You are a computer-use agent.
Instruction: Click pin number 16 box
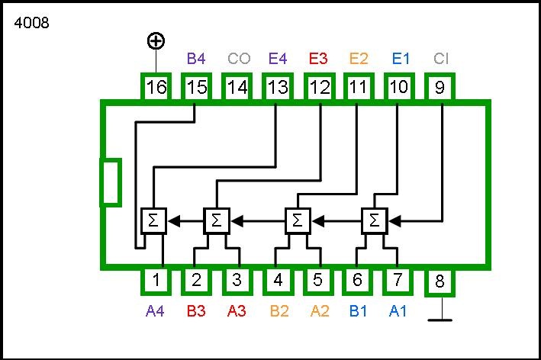(156, 87)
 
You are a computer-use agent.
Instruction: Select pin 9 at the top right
(440, 87)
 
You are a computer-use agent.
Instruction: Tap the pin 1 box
(156, 280)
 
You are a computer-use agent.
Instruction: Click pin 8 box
(440, 282)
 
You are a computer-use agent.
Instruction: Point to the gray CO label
(238, 58)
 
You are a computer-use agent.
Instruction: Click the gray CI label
(441, 58)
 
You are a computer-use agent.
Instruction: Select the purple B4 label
(196, 58)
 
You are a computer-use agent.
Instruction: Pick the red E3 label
(318, 58)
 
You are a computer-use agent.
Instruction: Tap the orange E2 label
(359, 58)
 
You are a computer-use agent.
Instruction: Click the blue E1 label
(401, 58)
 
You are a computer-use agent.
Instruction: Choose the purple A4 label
(156, 310)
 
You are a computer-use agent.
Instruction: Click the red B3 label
(197, 310)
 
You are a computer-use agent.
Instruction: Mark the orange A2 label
(319, 310)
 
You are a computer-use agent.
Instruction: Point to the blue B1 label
(359, 310)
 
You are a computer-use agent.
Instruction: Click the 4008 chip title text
(31, 23)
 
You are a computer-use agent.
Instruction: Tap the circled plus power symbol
(156, 40)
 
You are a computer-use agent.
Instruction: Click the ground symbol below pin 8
(440, 320)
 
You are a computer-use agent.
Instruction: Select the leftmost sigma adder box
(153, 220)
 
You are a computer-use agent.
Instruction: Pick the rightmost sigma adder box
(374, 220)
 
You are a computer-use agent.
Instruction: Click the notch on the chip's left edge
(111, 182)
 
